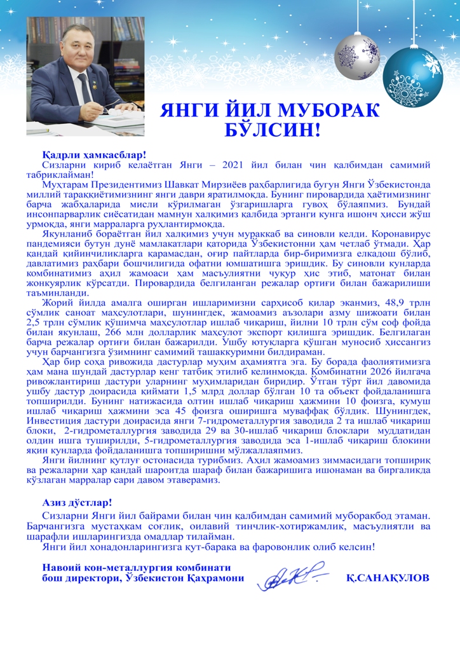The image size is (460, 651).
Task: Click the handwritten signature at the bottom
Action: [289, 577]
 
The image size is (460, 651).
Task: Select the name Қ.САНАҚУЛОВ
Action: [388, 578]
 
